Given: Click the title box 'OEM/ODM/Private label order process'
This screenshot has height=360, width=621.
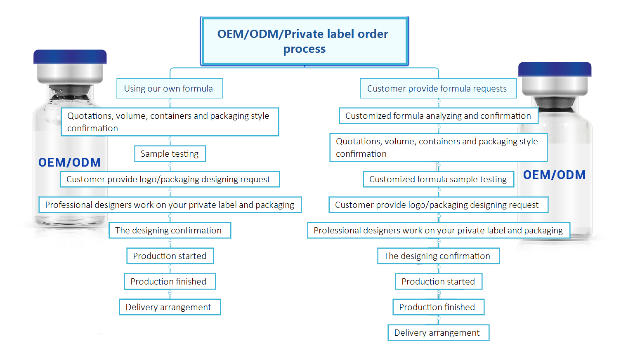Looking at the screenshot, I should click(305, 41).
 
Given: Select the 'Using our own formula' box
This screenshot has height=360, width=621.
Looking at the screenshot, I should click(170, 88).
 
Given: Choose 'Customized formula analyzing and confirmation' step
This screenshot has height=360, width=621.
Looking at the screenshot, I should click(438, 116).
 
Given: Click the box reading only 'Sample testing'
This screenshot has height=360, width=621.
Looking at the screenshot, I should click(170, 154).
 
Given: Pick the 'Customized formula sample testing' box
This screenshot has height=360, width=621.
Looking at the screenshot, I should click(438, 179).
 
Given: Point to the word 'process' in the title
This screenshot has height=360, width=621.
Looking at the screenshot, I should click(305, 49).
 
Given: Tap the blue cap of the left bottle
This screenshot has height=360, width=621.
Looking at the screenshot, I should click(70, 57).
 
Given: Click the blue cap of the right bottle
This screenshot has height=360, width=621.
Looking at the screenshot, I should click(555, 69).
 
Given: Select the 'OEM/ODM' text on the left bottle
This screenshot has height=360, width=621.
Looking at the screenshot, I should click(70, 162).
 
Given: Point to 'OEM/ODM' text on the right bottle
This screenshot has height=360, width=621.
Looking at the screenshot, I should click(554, 175).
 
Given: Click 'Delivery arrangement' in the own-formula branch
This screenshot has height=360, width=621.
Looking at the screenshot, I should click(170, 307).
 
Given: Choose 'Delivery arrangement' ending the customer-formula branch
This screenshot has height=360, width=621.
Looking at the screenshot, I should click(438, 333).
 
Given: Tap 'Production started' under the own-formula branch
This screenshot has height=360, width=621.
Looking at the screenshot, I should click(170, 256).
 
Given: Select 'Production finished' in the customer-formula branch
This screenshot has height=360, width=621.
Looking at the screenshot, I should click(438, 307).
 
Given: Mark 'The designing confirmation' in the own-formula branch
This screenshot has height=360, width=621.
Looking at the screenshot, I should click(170, 231).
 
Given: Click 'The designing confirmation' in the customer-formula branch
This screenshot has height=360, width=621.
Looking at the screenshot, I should click(438, 256).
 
